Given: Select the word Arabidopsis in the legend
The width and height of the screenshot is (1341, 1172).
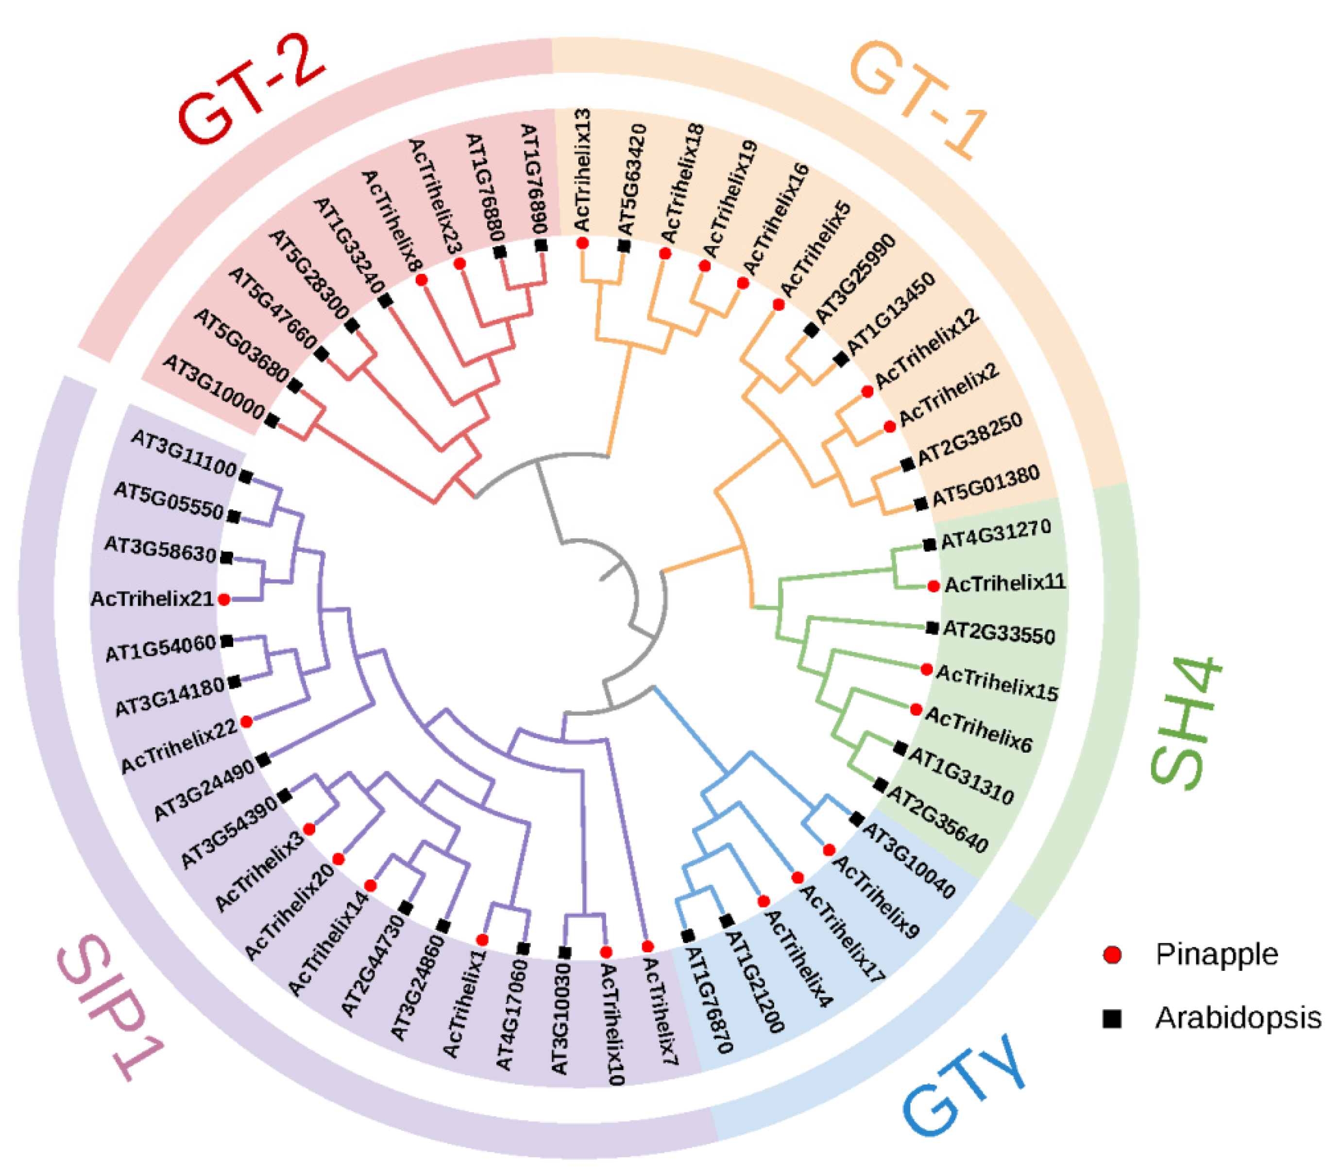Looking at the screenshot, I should [1238, 1018].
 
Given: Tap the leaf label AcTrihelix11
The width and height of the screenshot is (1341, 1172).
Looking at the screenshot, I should [1005, 583].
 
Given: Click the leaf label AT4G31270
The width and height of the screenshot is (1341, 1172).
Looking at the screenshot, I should [996, 534].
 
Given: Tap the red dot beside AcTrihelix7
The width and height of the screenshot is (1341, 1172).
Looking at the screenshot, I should [647, 947].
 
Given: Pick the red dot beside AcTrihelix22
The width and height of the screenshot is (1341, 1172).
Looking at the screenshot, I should [247, 722].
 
